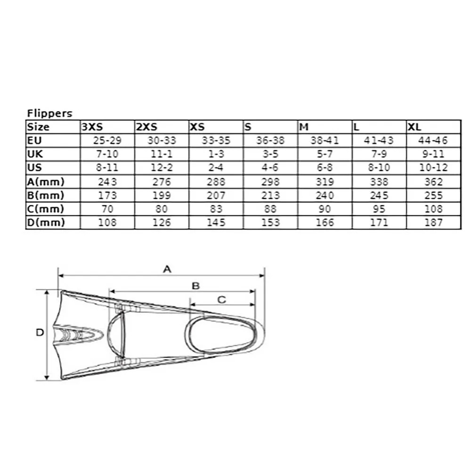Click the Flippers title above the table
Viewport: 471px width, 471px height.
pos(50,113)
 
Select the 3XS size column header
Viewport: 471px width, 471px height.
pos(92,127)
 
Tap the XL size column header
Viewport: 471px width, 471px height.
pos(414,127)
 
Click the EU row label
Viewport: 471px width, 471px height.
pos(34,140)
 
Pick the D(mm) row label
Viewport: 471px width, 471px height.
pos(46,223)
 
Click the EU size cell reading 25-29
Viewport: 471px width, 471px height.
pos(107,140)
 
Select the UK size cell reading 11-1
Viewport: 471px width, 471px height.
pos(162,154)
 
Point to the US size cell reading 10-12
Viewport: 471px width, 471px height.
pos(433,168)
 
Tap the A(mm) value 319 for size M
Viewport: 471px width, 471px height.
pos(325,182)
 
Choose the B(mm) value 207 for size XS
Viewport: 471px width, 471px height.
pos(216,195)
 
